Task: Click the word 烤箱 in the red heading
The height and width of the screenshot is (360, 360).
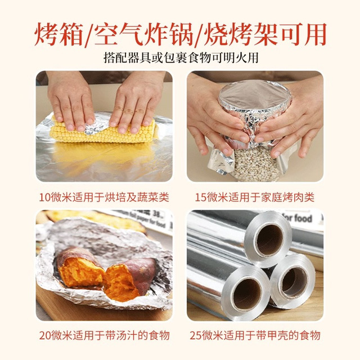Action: [58, 34]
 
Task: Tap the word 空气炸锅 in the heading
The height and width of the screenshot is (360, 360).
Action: [143, 34]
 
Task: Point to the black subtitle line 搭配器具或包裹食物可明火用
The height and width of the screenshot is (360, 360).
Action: [181, 57]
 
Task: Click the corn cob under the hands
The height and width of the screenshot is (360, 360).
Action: [105, 132]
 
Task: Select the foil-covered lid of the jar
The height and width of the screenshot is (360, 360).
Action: [254, 95]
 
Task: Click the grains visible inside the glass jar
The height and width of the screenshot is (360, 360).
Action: [255, 164]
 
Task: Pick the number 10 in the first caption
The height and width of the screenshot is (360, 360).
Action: [44, 197]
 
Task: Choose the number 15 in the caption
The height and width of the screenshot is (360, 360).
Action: [201, 197]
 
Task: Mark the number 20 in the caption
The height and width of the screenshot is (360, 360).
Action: [45, 335]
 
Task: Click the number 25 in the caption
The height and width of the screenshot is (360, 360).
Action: [196, 335]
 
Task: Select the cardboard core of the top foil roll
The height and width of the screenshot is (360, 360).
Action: [269, 240]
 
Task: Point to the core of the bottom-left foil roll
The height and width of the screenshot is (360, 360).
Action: [247, 294]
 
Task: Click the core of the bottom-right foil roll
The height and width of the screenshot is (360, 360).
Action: [294, 282]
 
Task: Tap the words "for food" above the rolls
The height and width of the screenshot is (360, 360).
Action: [297, 218]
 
